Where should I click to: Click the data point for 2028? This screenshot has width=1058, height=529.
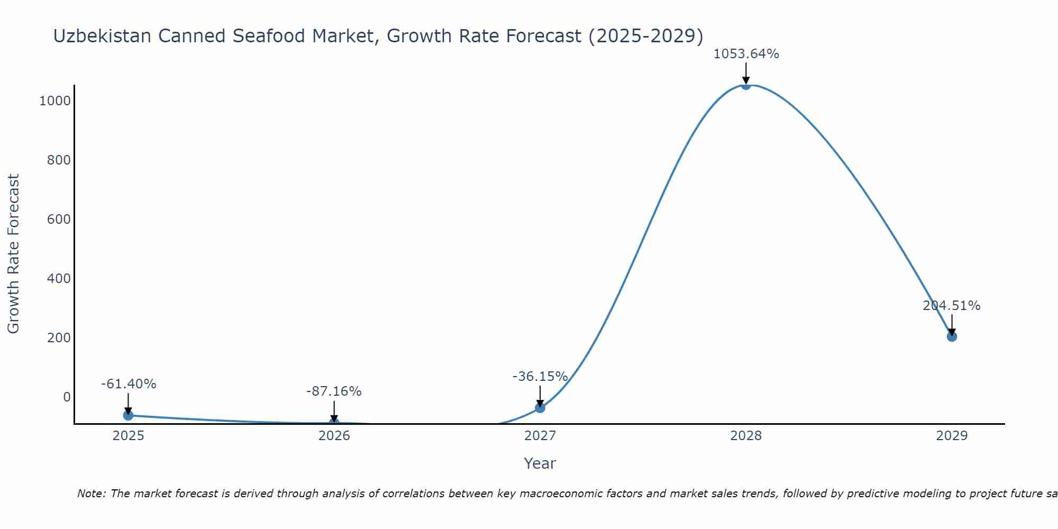click(x=746, y=85)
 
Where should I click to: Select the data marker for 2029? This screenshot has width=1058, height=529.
click(x=952, y=336)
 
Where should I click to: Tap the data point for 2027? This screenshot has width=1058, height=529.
click(x=540, y=407)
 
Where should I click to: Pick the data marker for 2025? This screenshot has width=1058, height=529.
click(x=128, y=415)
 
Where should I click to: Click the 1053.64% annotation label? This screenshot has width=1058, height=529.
click(x=746, y=54)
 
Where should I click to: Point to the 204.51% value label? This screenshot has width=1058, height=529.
click(x=951, y=306)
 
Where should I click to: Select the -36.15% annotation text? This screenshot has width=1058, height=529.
click(x=540, y=377)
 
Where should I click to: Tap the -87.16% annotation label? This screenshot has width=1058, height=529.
click(x=334, y=391)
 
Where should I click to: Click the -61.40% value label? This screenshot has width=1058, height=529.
click(x=129, y=384)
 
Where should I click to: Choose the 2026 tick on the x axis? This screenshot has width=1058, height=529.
click(x=334, y=436)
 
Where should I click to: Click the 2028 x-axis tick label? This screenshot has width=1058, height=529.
click(x=746, y=436)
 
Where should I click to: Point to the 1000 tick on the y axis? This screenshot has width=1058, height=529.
click(x=55, y=101)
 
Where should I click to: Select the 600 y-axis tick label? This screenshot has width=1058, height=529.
click(x=59, y=219)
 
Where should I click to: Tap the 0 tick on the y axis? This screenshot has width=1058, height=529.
click(x=67, y=397)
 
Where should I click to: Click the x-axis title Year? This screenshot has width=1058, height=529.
click(x=540, y=463)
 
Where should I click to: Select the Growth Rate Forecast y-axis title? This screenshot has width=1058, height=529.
click(x=13, y=254)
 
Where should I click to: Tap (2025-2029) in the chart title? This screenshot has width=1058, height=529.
click(x=645, y=36)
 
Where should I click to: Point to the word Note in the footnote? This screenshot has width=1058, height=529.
click(x=91, y=494)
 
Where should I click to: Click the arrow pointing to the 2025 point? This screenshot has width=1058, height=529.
click(x=128, y=404)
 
